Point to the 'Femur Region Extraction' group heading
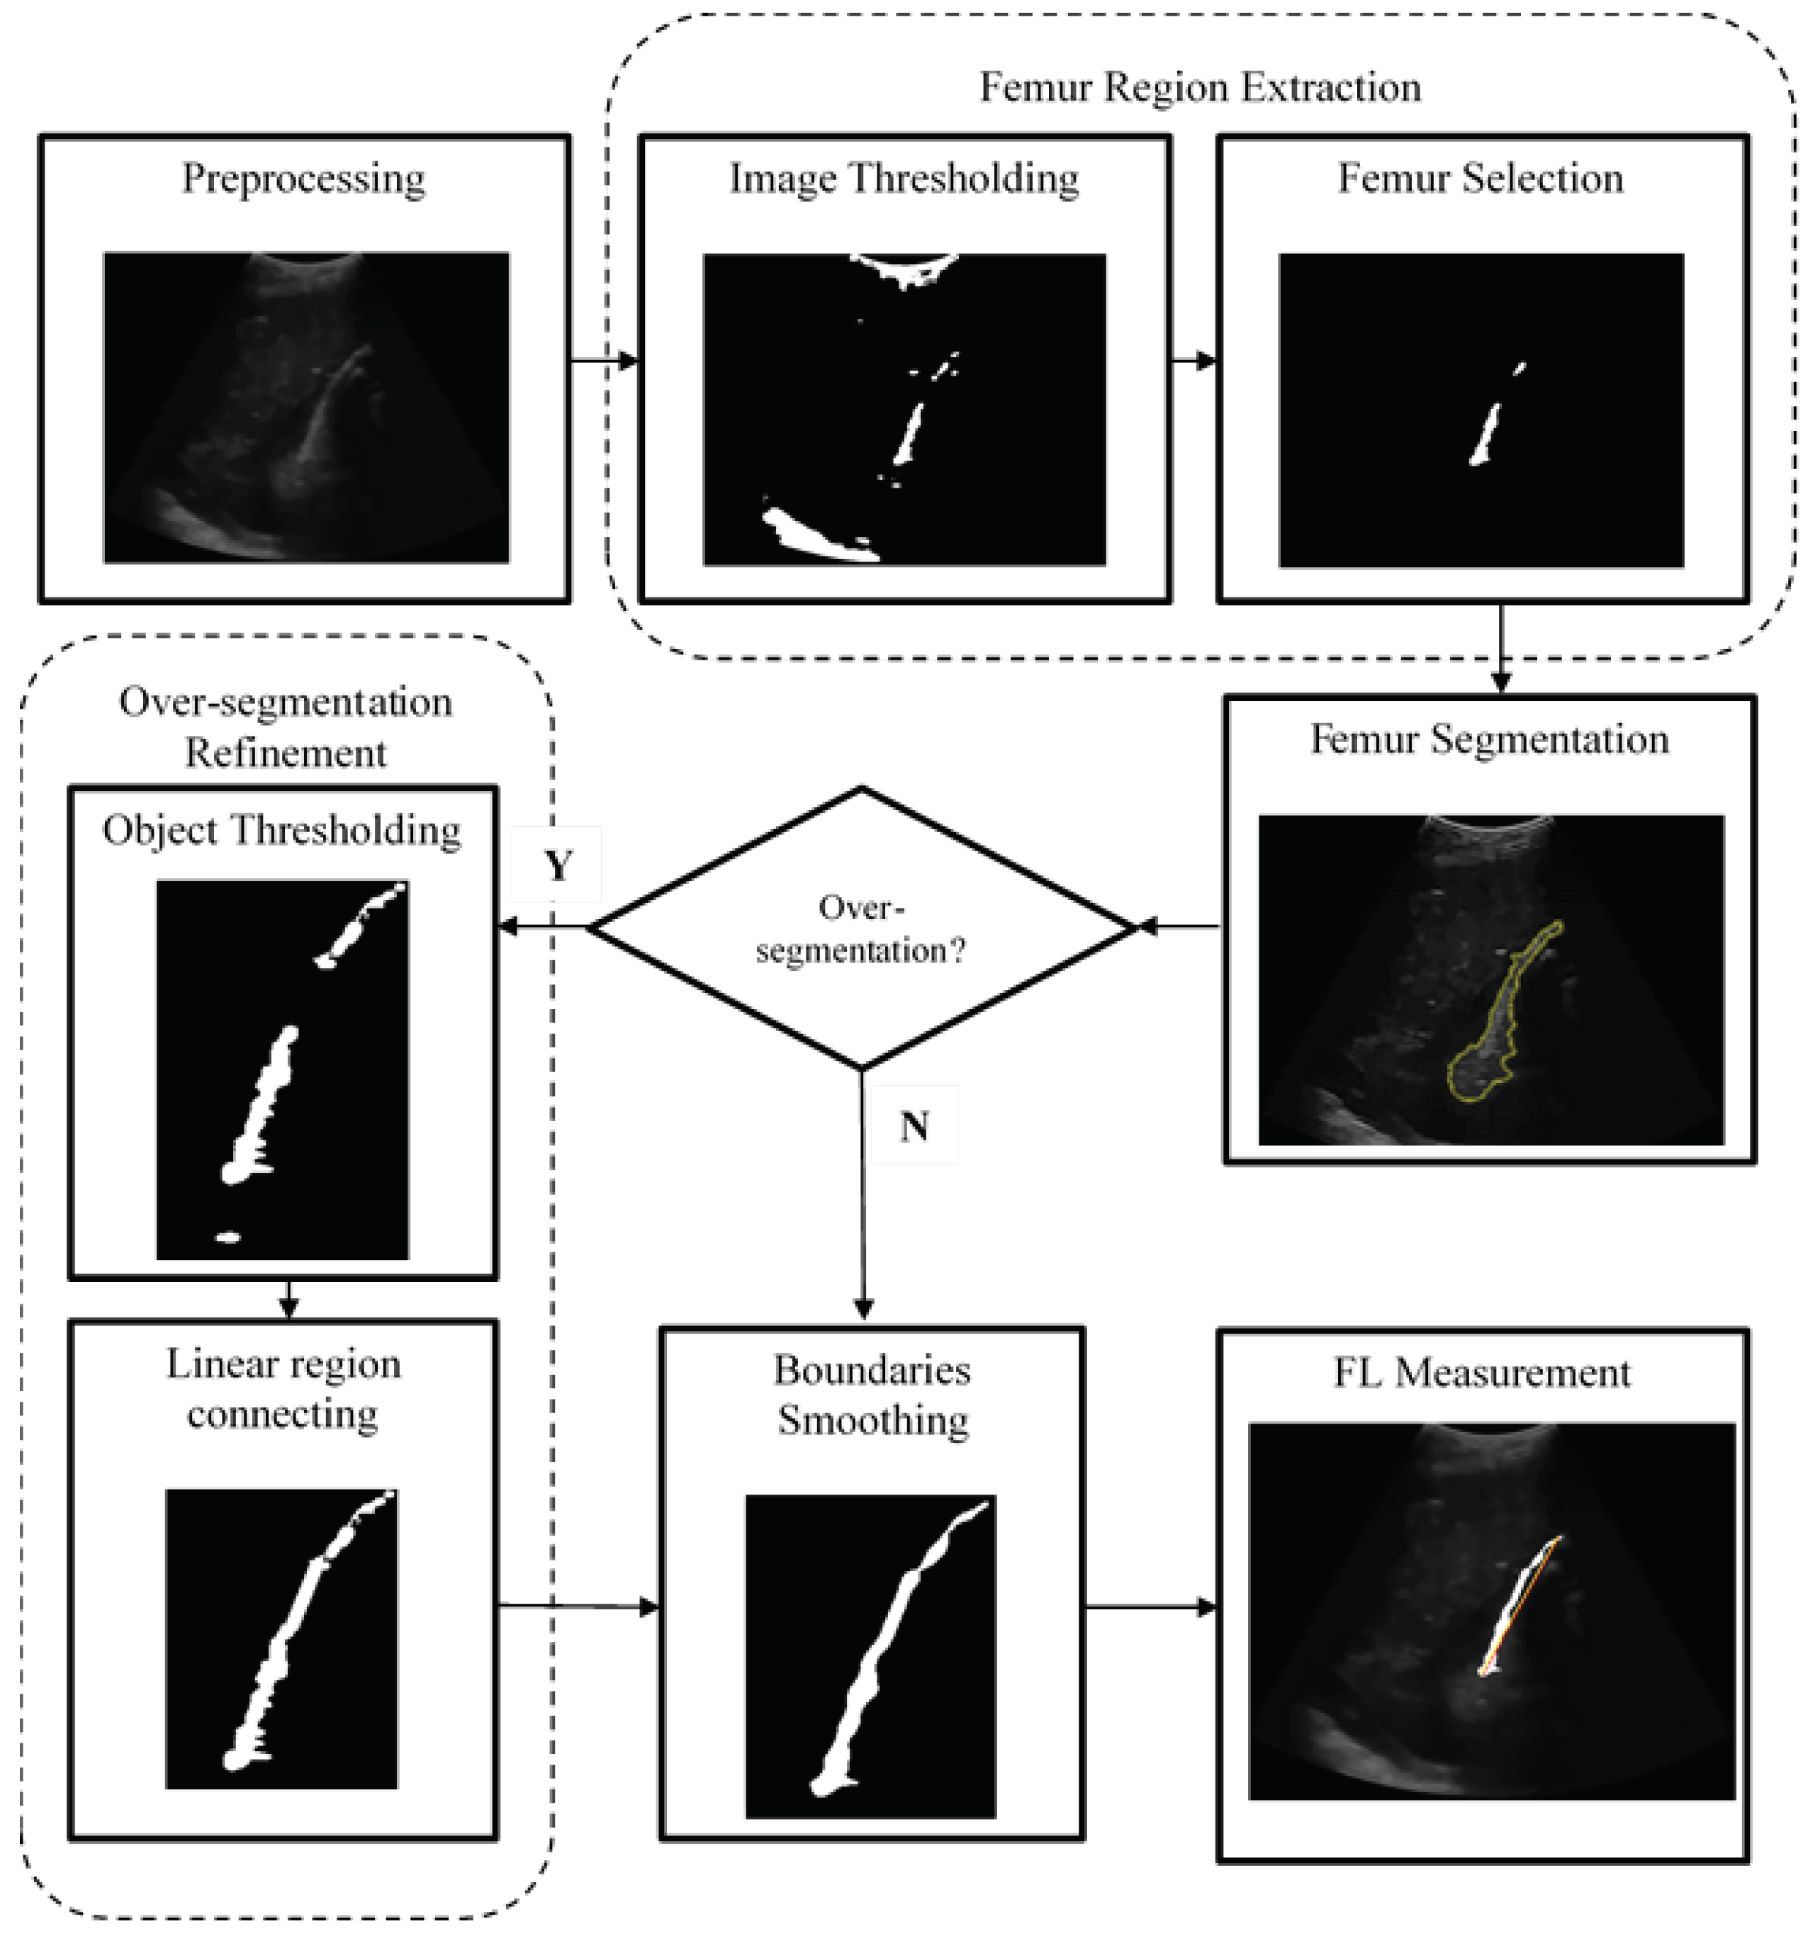tap(1200, 88)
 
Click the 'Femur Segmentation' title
tap(1489, 740)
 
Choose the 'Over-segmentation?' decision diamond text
tap(860, 930)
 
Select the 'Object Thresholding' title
tap(282, 831)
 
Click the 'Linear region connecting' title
tap(283, 1388)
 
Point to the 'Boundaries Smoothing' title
tap(872, 1394)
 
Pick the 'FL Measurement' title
tap(1481, 1373)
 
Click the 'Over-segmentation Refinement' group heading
tap(285, 727)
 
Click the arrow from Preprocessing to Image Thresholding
tap(603, 360)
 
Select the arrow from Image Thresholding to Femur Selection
tap(1193, 360)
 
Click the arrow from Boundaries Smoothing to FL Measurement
tap(1150, 1606)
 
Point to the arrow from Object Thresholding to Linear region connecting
tap(287, 1298)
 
